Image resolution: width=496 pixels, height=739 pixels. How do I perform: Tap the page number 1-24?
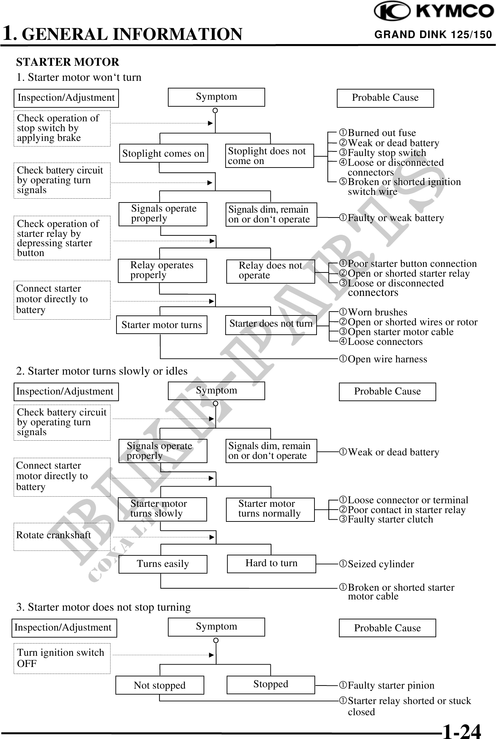462,731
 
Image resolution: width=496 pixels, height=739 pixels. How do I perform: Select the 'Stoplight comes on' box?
163,153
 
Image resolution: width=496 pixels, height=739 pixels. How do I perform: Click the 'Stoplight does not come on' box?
269,156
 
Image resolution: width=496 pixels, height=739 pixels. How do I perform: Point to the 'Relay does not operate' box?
270,271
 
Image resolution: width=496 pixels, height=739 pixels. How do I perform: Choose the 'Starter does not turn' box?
271,325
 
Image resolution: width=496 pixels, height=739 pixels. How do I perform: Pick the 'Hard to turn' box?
271,563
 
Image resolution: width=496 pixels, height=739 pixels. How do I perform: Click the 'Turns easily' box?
163,564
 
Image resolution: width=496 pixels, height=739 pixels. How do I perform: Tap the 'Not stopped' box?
160,685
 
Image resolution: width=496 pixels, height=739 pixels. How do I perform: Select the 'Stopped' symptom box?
270,684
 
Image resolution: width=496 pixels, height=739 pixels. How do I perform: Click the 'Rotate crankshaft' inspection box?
62,536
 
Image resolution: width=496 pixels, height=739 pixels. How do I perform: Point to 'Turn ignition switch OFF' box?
62,658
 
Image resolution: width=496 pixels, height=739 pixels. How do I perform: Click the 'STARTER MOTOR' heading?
68,62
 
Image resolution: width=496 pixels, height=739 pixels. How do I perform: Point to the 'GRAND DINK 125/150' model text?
433,35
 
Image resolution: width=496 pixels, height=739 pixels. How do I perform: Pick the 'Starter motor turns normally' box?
270,509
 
